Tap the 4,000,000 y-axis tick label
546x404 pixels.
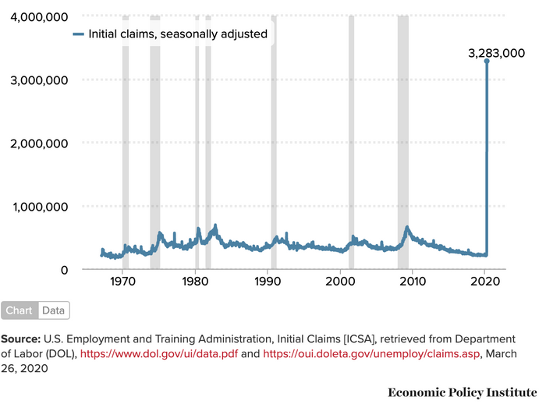pyautogui.click(x=39, y=17)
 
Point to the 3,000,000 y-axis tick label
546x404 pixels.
pyautogui.click(x=39, y=80)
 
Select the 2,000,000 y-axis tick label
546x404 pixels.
pyautogui.click(x=39, y=144)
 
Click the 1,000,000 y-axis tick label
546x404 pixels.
pyautogui.click(x=39, y=207)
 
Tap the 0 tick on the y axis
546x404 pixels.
pyautogui.click(x=64, y=270)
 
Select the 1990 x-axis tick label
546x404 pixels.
pyautogui.click(x=268, y=281)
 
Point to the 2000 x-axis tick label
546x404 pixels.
pyautogui.click(x=341, y=281)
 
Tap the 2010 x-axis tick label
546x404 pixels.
pyautogui.click(x=413, y=281)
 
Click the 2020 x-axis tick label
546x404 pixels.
pyautogui.click(x=485, y=281)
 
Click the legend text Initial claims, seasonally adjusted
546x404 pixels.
pyautogui.click(x=178, y=34)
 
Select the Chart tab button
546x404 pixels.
pyautogui.click(x=19, y=310)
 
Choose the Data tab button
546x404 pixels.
pyautogui.click(x=54, y=310)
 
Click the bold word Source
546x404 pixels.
pyautogui.click(x=22, y=339)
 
